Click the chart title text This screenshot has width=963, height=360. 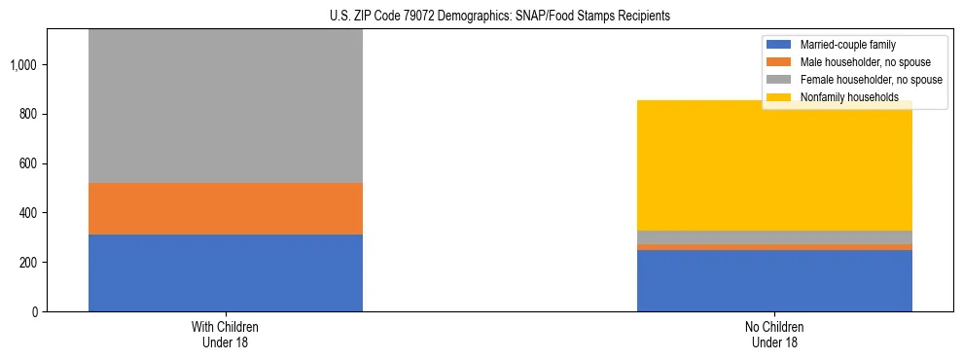(481, 17)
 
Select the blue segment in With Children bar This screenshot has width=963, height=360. (226, 272)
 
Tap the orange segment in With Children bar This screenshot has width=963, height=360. (226, 208)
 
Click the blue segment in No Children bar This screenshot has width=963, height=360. (774, 280)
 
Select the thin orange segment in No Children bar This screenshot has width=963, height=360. (774, 246)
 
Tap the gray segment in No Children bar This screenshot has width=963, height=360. (774, 236)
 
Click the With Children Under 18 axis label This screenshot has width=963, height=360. (226, 335)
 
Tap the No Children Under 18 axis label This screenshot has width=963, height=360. (774, 335)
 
